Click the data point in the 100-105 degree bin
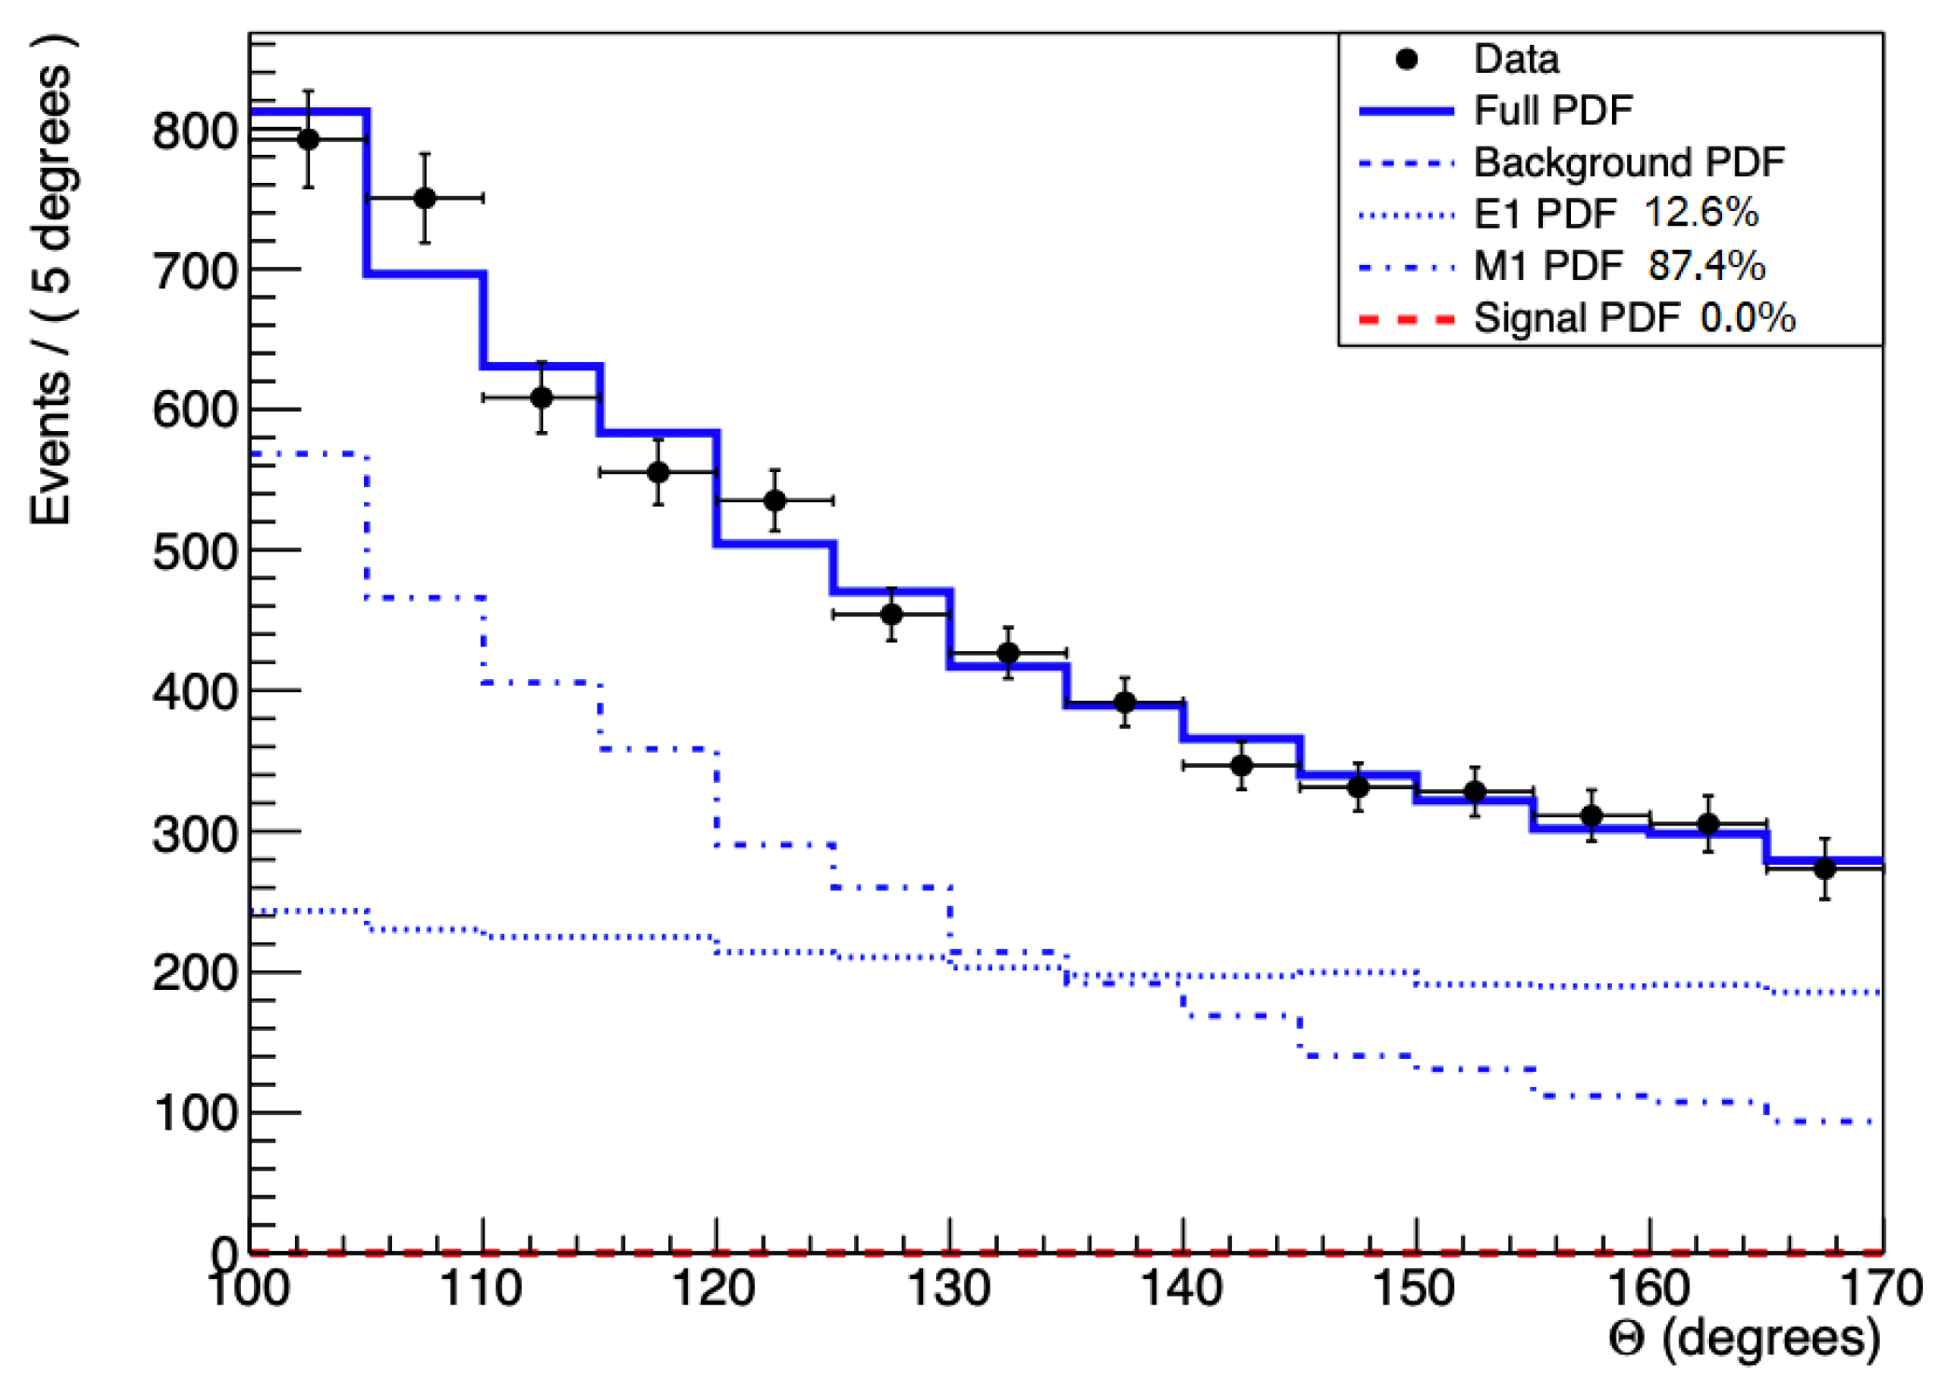click(308, 140)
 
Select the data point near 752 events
click(425, 198)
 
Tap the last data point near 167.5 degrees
click(1825, 869)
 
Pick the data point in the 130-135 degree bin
click(1008, 653)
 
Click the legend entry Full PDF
click(1553, 111)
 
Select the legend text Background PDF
click(1629, 162)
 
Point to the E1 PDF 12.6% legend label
click(1616, 214)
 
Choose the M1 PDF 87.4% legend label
click(1619, 266)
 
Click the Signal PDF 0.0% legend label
click(1634, 318)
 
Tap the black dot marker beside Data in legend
click(1407, 60)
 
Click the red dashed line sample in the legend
click(1407, 320)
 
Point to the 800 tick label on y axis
click(195, 132)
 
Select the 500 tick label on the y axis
click(195, 552)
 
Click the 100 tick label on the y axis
click(195, 1113)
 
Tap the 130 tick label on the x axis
click(949, 1289)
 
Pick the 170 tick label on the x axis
click(1880, 1289)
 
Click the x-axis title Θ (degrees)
click(1744, 1339)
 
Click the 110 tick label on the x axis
click(481, 1289)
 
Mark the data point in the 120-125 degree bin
click(775, 501)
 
